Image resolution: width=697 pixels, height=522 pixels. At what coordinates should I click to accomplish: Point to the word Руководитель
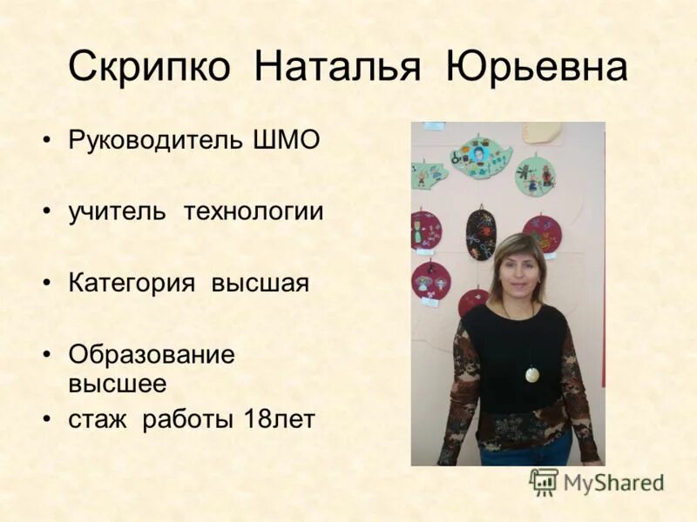153,139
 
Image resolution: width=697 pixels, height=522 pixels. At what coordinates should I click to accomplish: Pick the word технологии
253,211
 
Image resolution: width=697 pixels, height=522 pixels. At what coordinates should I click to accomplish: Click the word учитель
117,211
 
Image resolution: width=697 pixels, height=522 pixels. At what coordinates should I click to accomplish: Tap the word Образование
152,355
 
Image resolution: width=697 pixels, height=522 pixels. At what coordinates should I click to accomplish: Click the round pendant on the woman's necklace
531,374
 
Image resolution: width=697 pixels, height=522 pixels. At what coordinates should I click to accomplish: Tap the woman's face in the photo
518,271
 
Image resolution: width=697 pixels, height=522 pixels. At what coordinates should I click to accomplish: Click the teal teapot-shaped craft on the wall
479,157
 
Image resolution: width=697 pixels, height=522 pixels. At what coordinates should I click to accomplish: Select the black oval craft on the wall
480,232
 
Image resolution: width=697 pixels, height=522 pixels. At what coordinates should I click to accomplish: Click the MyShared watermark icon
544,481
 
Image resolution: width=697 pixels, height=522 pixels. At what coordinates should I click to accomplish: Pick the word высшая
261,284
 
